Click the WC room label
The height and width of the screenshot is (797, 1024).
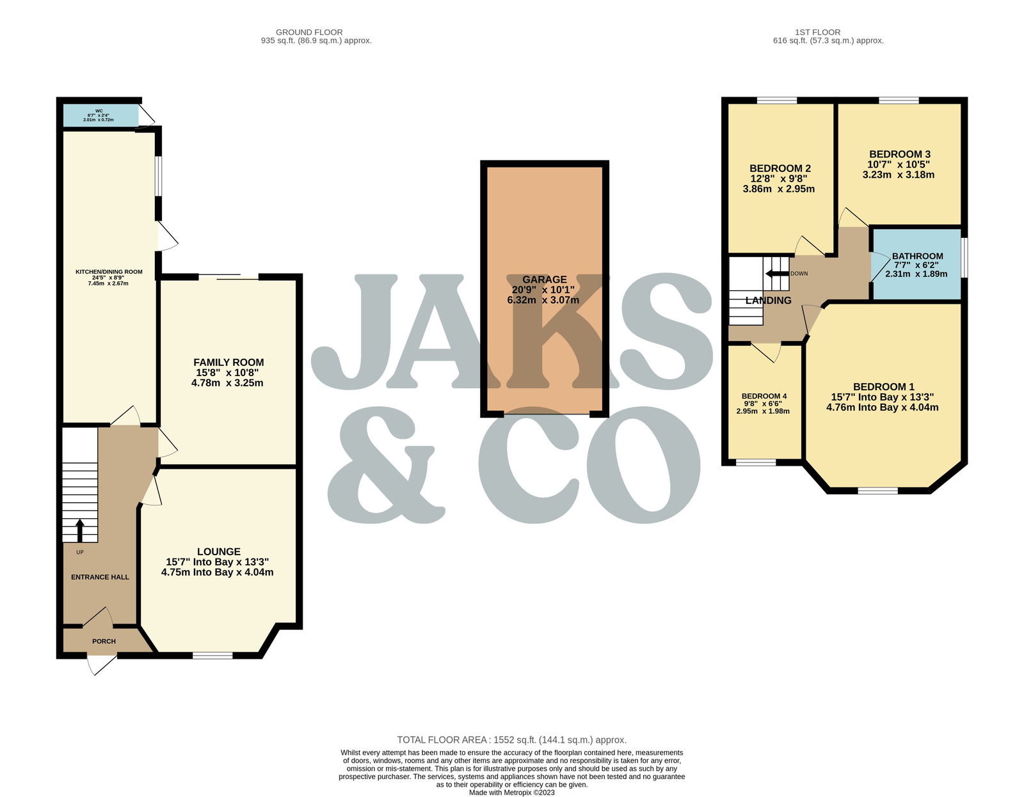(x=99, y=111)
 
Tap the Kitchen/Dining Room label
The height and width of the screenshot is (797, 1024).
(x=109, y=272)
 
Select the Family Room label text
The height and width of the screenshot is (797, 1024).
(x=228, y=362)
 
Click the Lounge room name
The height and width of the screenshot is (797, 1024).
(x=219, y=551)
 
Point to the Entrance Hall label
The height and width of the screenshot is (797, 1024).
(x=100, y=577)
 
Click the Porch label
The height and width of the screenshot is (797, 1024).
(x=104, y=641)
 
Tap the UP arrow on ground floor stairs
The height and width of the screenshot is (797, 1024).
(x=80, y=530)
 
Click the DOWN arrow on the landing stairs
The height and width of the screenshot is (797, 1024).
(x=777, y=274)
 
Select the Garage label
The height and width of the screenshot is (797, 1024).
(x=544, y=279)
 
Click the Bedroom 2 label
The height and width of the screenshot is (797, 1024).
(x=780, y=168)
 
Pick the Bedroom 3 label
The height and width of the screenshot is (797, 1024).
(x=900, y=154)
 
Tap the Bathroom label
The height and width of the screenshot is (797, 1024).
(x=918, y=256)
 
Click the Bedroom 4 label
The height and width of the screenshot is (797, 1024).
(x=764, y=396)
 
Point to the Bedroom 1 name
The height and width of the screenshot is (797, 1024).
(x=884, y=386)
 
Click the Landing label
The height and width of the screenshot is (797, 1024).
(x=768, y=301)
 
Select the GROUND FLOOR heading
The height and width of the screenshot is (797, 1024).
(x=309, y=32)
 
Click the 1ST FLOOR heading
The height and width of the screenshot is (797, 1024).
(x=817, y=32)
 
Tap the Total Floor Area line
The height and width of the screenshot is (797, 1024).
(x=512, y=739)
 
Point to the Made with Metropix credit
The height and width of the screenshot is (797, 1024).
(x=512, y=793)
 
